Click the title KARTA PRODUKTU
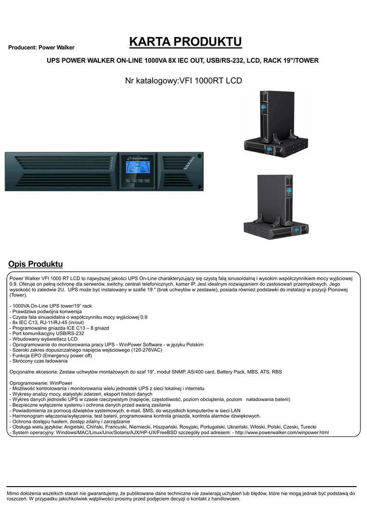click(x=185, y=41)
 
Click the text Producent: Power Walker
click(x=42, y=48)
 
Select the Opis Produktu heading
click(x=35, y=264)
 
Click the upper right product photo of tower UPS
click(x=276, y=125)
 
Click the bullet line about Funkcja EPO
click(x=51, y=356)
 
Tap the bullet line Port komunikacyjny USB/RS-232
click(x=47, y=333)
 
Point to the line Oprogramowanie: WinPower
click(x=41, y=383)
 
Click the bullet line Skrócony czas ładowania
click(x=39, y=361)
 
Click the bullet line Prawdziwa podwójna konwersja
click(x=46, y=312)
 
